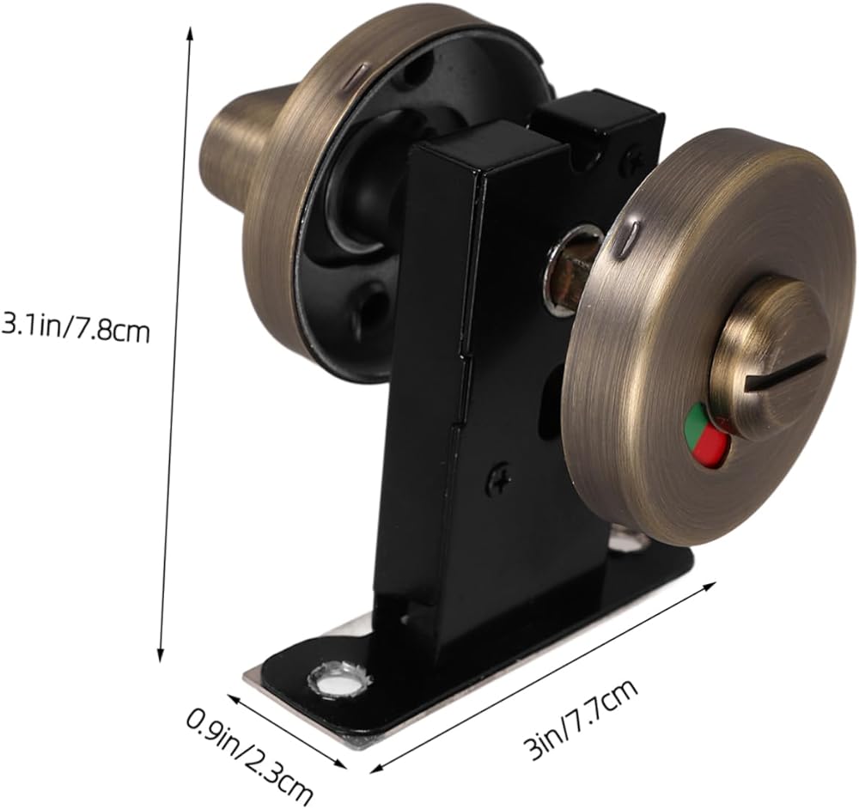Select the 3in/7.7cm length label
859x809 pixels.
click(581, 717)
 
